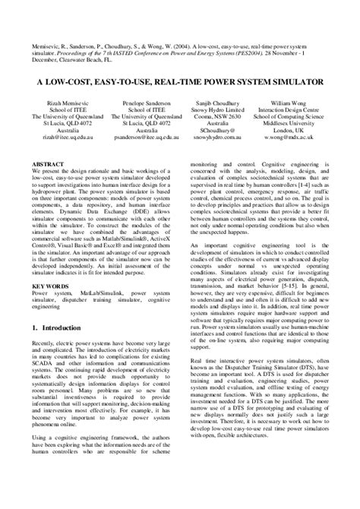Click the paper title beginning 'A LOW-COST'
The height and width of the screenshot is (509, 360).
tap(180, 79)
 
